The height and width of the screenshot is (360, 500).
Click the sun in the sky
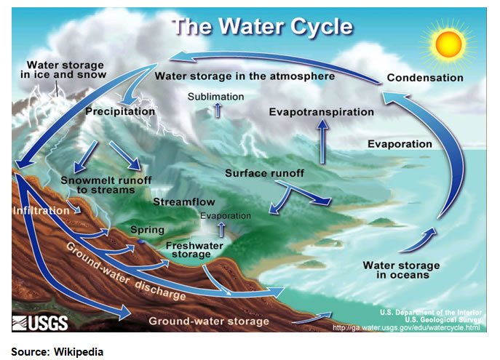click(448, 44)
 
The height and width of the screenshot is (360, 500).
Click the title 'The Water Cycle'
click(263, 26)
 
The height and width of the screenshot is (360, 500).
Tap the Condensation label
click(425, 78)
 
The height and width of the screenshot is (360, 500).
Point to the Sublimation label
click(215, 97)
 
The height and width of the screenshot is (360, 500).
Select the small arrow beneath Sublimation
click(218, 111)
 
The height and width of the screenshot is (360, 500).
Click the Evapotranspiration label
click(322, 112)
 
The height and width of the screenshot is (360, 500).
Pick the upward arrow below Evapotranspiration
click(322, 141)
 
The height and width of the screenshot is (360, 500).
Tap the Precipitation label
click(120, 111)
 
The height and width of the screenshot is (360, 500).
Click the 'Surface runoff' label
click(264, 173)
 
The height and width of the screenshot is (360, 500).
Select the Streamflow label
click(184, 201)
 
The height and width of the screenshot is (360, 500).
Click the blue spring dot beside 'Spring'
click(140, 241)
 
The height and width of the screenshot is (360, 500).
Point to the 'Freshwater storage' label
click(194, 249)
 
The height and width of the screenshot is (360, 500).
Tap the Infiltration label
click(41, 211)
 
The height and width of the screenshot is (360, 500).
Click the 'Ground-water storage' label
click(209, 321)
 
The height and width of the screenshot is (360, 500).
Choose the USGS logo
click(40, 323)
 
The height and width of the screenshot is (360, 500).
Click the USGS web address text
click(406, 327)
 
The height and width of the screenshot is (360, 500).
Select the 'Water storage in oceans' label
click(402, 270)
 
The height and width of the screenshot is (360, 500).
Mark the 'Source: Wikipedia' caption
click(57, 352)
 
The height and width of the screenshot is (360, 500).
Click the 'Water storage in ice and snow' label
click(63, 69)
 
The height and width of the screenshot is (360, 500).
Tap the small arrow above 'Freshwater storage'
click(221, 230)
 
